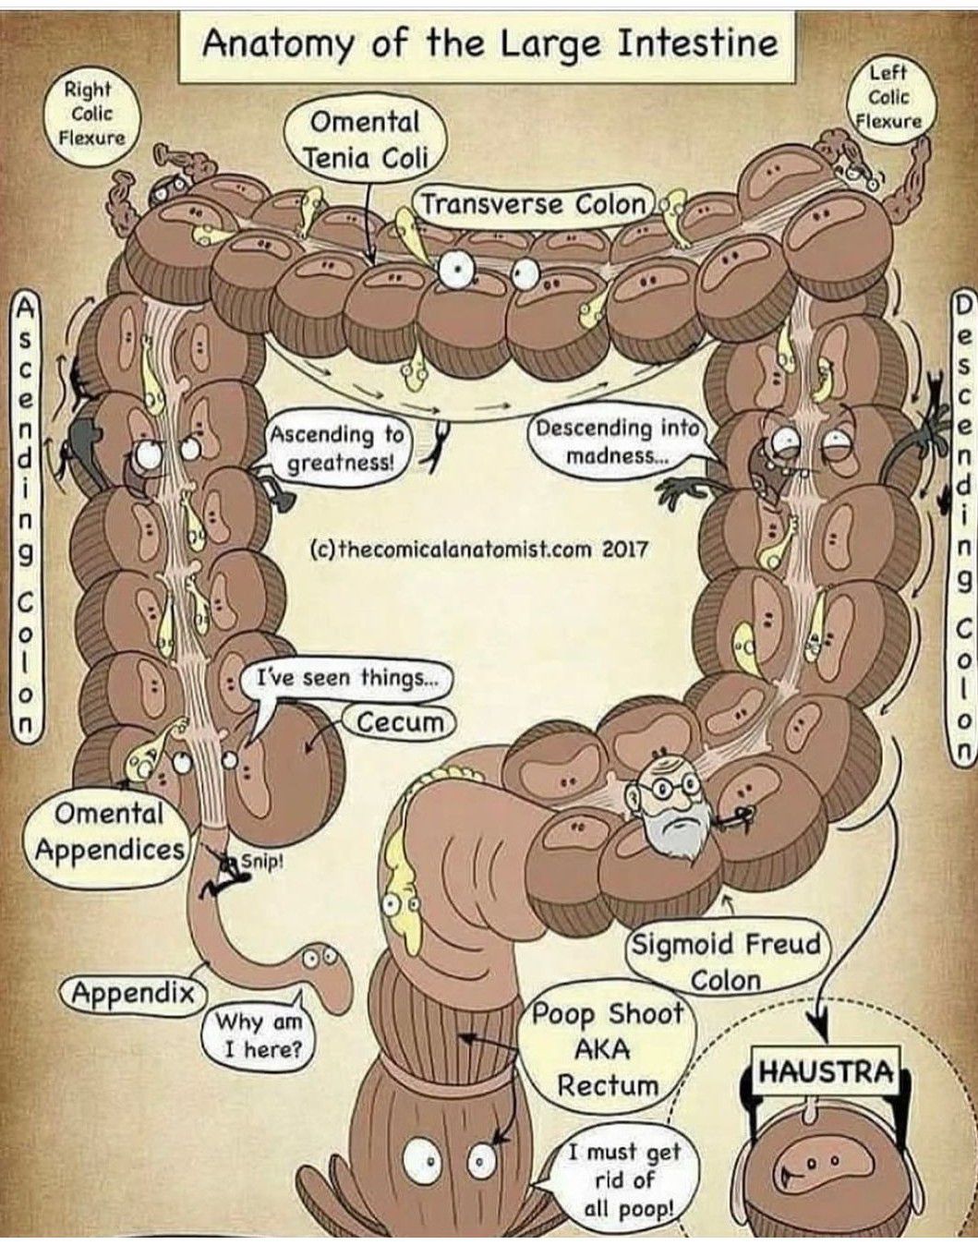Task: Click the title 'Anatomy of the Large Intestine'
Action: (x=489, y=43)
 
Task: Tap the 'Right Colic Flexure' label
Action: (x=91, y=114)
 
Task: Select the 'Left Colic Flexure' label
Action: (x=887, y=96)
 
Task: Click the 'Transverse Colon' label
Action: (x=535, y=203)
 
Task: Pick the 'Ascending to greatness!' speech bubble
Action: (x=338, y=447)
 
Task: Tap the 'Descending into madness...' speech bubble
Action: (x=617, y=441)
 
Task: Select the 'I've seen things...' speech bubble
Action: (x=345, y=679)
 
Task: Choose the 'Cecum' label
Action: (x=399, y=721)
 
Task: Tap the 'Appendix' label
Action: (x=134, y=993)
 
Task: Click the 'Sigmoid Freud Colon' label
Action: (x=725, y=961)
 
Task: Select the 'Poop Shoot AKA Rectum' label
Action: (x=607, y=1048)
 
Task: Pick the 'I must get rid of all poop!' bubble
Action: (x=624, y=1179)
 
